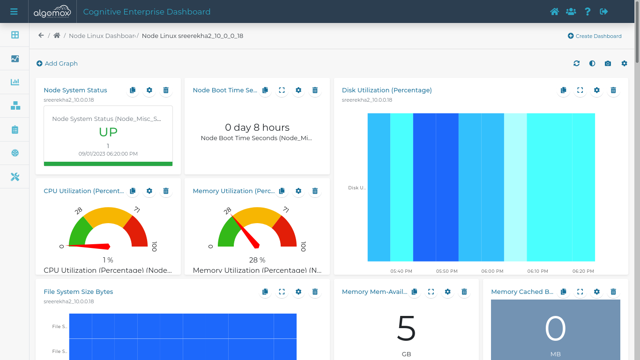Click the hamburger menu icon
[14, 12]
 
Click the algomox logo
[52, 12]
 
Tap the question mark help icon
[588, 12]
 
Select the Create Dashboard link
[595, 36]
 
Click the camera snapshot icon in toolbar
[608, 63]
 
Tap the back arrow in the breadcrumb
[41, 36]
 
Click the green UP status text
[108, 132]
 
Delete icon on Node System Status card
[166, 90]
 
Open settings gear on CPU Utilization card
[149, 191]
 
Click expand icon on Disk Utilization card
[580, 90]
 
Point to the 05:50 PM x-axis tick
[447, 271]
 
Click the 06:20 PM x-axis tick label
[583, 271]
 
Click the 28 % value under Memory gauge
[257, 260]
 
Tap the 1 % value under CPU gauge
[108, 260]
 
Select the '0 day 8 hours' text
[257, 127]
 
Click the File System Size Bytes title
[78, 292]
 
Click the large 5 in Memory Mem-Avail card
[406, 328]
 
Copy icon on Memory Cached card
[563, 292]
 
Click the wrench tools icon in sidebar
[15, 177]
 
